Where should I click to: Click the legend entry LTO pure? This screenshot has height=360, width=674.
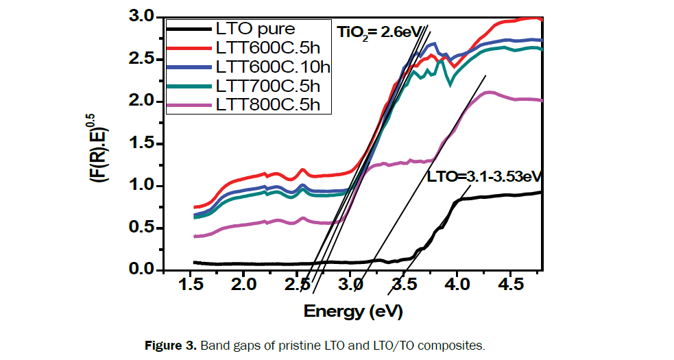255,29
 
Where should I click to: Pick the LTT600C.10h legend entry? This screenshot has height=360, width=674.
272,67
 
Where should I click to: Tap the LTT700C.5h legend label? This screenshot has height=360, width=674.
266,86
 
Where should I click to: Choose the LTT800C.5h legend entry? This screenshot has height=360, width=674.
266,104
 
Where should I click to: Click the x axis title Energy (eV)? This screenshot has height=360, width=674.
352,311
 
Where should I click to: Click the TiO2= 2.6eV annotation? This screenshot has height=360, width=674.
374,32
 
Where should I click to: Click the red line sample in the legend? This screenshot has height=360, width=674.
189,48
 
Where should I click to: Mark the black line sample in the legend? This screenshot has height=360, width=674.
189,29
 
